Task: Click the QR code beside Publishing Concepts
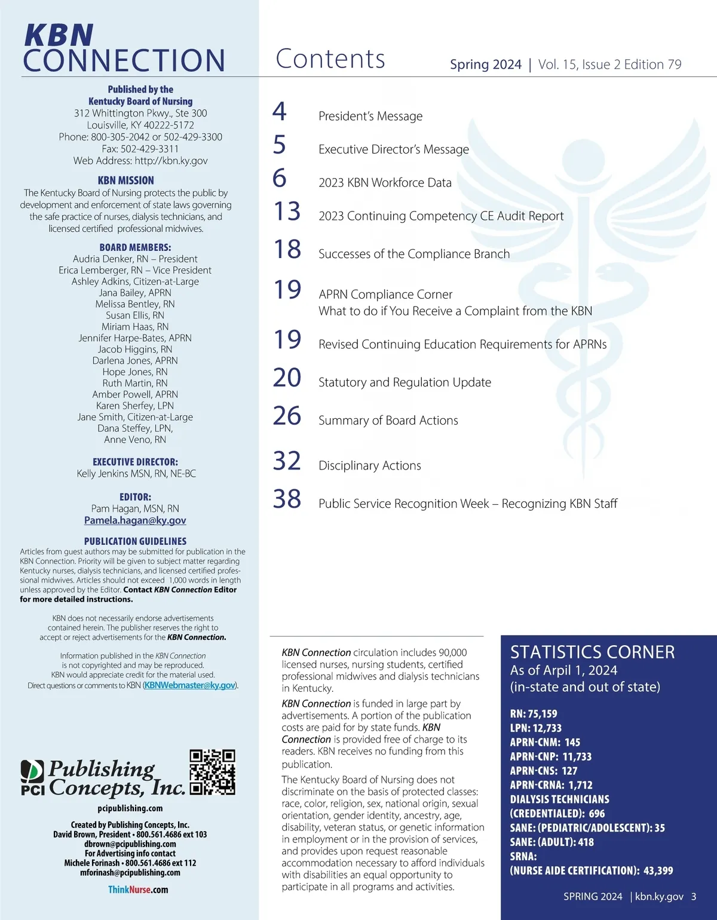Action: click(212, 772)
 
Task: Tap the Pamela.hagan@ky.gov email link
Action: click(135, 520)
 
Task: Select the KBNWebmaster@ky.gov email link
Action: click(190, 685)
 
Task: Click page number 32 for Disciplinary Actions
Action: click(287, 461)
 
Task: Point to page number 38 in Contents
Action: click(287, 499)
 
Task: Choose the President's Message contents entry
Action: click(370, 116)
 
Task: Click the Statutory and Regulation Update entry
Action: click(405, 382)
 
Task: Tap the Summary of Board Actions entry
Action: click(388, 421)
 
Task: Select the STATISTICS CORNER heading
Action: click(592, 652)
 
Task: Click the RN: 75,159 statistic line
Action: click(533, 713)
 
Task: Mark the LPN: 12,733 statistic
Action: click(535, 728)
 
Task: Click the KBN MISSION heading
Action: click(126, 180)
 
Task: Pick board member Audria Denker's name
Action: click(135, 259)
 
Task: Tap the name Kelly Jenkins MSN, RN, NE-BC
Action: click(136, 473)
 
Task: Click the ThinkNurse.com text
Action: click(138, 890)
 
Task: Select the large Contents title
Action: click(330, 59)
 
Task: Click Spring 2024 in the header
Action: click(485, 65)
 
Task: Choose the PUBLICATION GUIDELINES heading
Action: click(135, 541)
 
